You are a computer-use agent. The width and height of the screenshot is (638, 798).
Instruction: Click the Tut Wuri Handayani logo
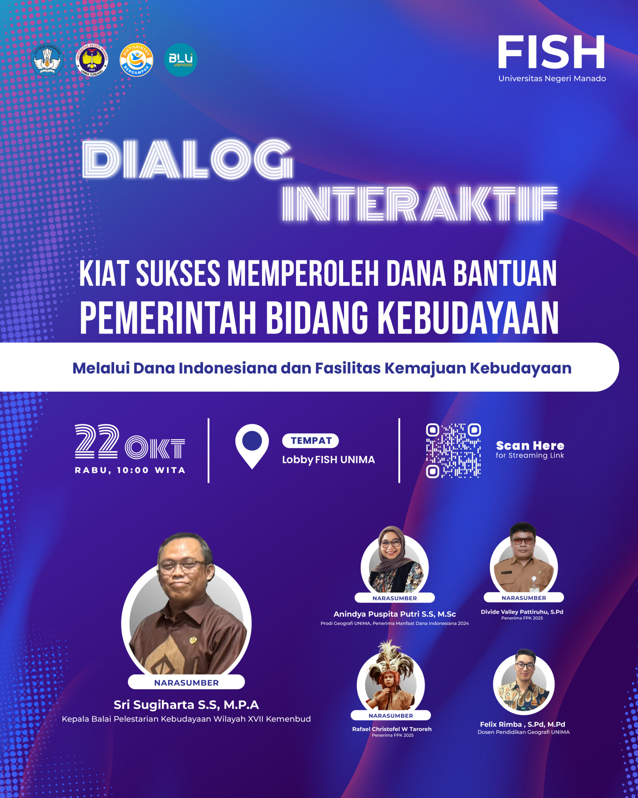click(x=47, y=60)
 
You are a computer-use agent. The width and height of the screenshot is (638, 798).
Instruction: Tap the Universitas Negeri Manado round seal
click(x=92, y=60)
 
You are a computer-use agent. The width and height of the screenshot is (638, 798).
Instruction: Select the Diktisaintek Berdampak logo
click(x=136, y=60)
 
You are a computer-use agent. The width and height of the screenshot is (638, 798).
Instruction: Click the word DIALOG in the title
click(x=188, y=160)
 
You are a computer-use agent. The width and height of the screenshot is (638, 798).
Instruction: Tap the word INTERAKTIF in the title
click(x=420, y=204)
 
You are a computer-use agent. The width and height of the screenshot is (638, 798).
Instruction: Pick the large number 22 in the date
click(x=97, y=441)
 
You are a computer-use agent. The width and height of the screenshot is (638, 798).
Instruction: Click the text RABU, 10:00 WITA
click(x=130, y=470)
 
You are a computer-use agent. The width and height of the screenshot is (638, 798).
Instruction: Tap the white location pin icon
click(x=252, y=446)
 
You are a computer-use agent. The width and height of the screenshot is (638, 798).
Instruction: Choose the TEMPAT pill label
click(x=311, y=440)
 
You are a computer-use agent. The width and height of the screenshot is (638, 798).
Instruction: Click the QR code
click(x=454, y=450)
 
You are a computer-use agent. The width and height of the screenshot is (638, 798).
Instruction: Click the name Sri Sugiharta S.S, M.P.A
click(x=186, y=705)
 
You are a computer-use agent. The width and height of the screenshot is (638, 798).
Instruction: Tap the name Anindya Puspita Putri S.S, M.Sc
click(x=395, y=614)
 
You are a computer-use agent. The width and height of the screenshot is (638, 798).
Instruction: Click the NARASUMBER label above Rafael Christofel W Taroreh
click(x=391, y=716)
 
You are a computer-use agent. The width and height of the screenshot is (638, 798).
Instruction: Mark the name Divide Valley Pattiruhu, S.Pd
click(x=522, y=612)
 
